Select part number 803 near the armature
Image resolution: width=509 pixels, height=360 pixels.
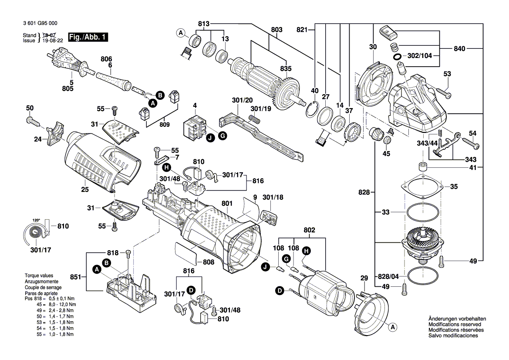click(x=276, y=29)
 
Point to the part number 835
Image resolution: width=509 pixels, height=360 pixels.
click(x=286, y=68)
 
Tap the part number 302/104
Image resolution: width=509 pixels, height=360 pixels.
click(x=420, y=56)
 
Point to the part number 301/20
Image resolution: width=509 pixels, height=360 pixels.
click(x=242, y=101)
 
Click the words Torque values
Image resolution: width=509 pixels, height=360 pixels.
click(x=38, y=276)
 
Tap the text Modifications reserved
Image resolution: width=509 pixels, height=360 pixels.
click(x=455, y=325)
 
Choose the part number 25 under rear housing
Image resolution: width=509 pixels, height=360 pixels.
click(x=84, y=190)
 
